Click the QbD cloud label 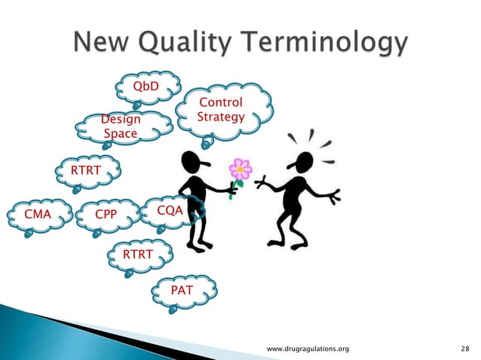[146, 87]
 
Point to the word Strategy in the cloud [220, 117]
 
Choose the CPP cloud [106, 215]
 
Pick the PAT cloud [185, 288]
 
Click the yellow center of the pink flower [240, 169]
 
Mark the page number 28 [464, 349]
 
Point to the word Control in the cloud [220, 102]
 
